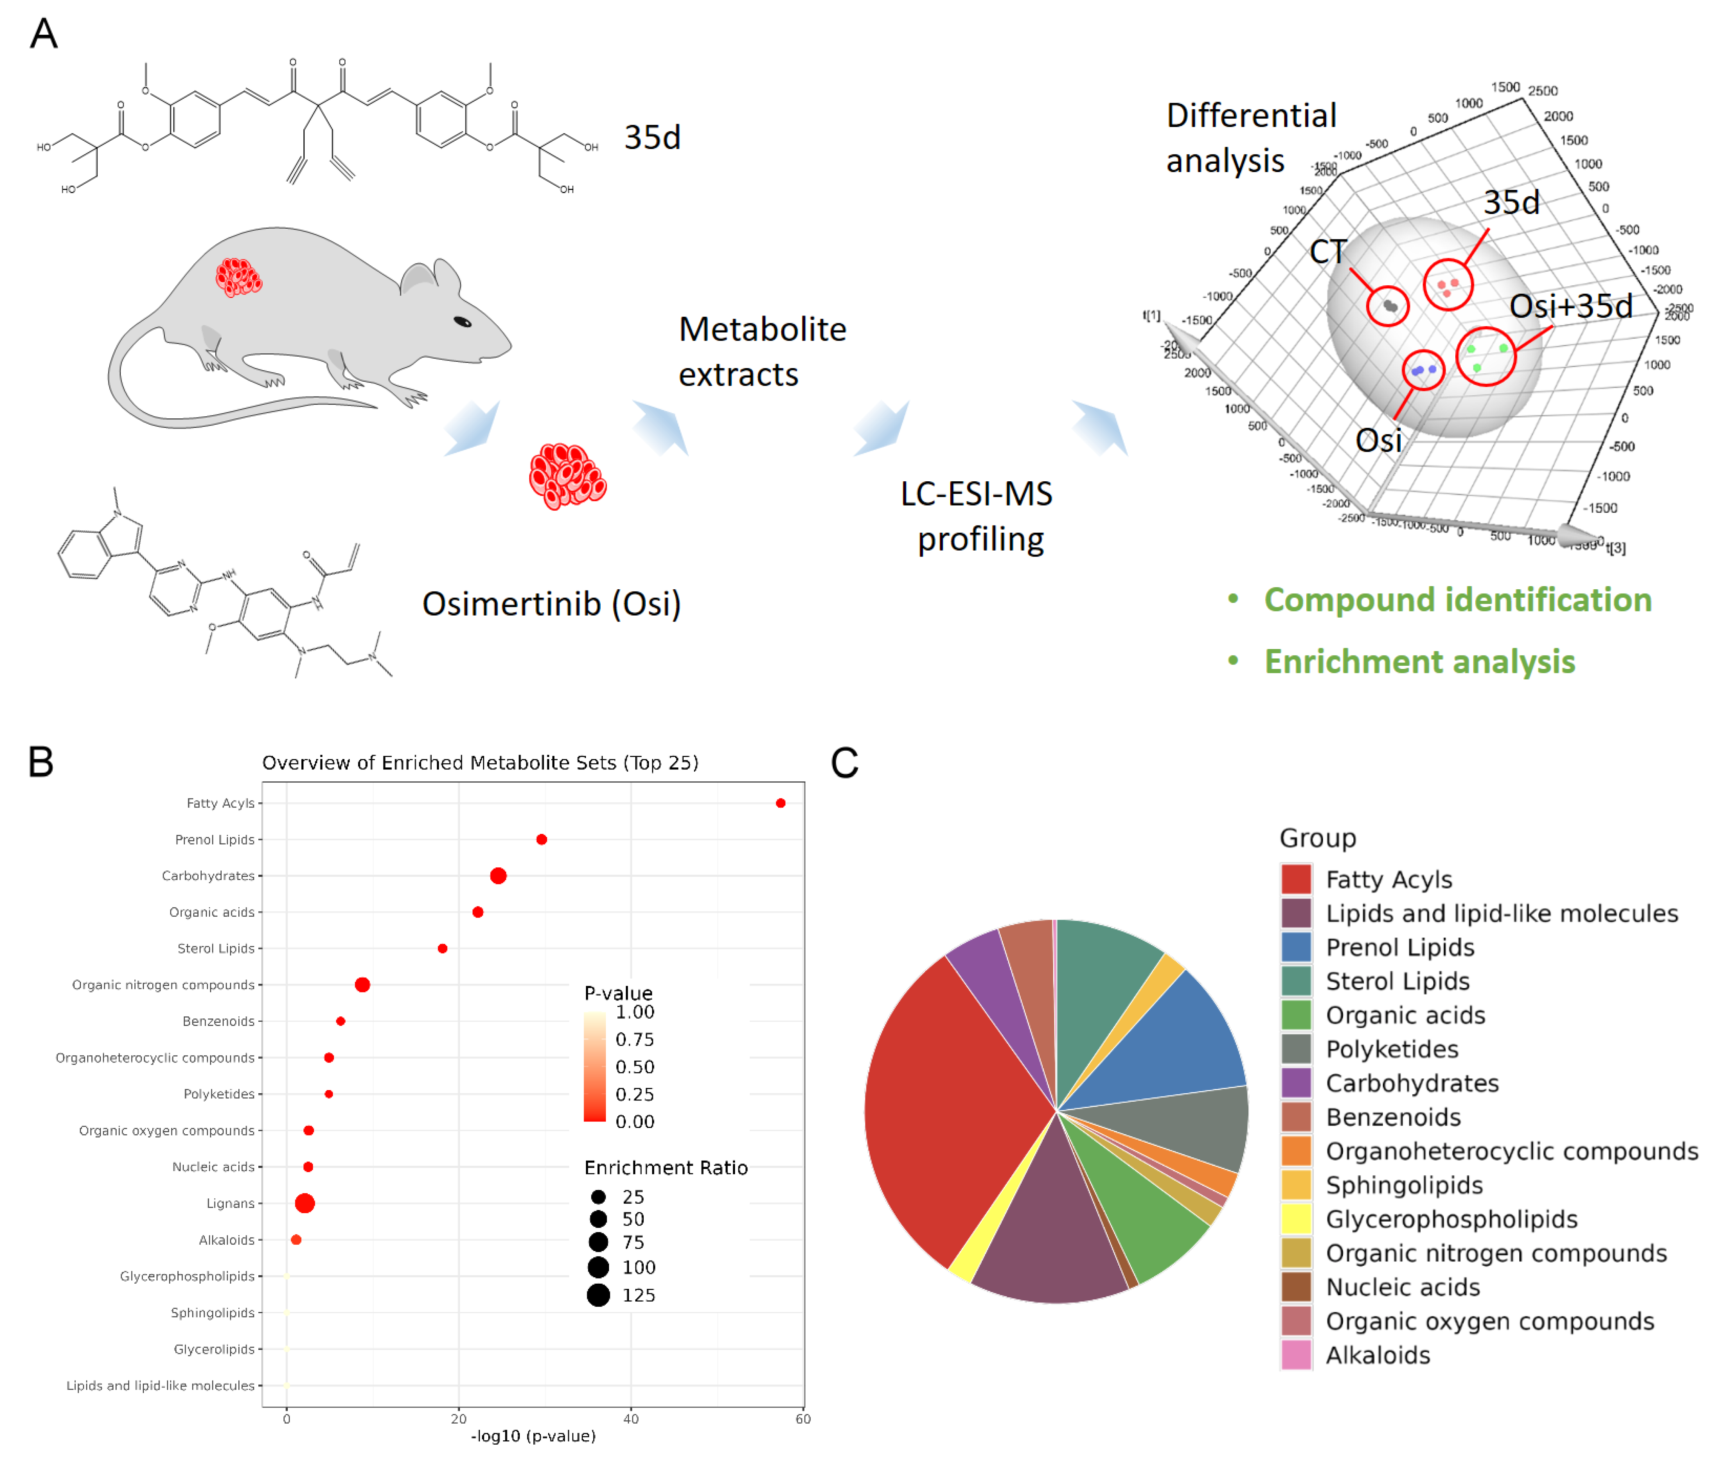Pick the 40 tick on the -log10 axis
coord(631,1418)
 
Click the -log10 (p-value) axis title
coord(533,1436)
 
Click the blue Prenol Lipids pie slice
coord(1175,1042)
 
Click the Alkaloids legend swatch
coord(1296,1355)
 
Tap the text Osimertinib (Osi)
coord(551,604)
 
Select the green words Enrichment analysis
coord(1419,662)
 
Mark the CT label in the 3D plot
coord(1327,251)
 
